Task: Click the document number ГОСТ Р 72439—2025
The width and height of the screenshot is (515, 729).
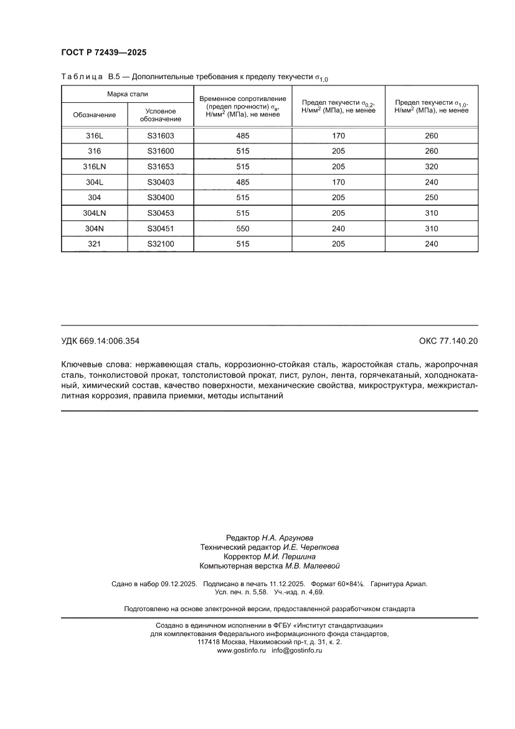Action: click(104, 52)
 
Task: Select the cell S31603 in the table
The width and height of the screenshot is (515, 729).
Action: click(161, 136)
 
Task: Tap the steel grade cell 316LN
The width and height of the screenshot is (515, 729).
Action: click(95, 167)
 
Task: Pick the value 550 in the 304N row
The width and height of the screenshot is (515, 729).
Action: click(243, 229)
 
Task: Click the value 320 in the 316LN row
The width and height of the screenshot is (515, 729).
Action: click(432, 167)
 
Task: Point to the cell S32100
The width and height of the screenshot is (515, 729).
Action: click(161, 244)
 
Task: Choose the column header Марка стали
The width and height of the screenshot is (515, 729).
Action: click(127, 94)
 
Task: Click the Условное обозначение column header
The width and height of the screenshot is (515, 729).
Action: click(161, 115)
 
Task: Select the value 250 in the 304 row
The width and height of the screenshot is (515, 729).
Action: click(432, 198)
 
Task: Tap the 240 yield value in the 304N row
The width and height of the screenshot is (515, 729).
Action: click(338, 229)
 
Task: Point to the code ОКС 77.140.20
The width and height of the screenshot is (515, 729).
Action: click(448, 341)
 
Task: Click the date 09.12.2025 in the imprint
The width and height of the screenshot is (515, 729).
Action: click(179, 584)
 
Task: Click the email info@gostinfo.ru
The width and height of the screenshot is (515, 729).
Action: click(297, 650)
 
